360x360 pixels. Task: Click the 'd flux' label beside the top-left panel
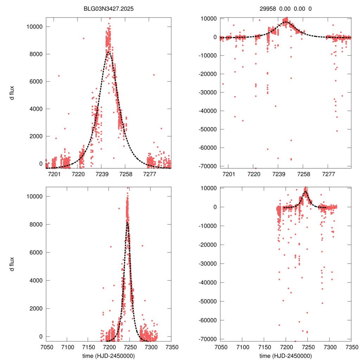[x=12, y=93]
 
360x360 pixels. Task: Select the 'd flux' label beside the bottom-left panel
[x=12, y=264]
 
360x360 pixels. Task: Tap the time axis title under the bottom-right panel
[x=285, y=356]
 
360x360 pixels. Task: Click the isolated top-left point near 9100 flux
[x=83, y=38]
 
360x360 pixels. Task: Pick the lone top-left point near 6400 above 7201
[x=59, y=76]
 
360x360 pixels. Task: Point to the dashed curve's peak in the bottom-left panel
[x=127, y=223]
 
